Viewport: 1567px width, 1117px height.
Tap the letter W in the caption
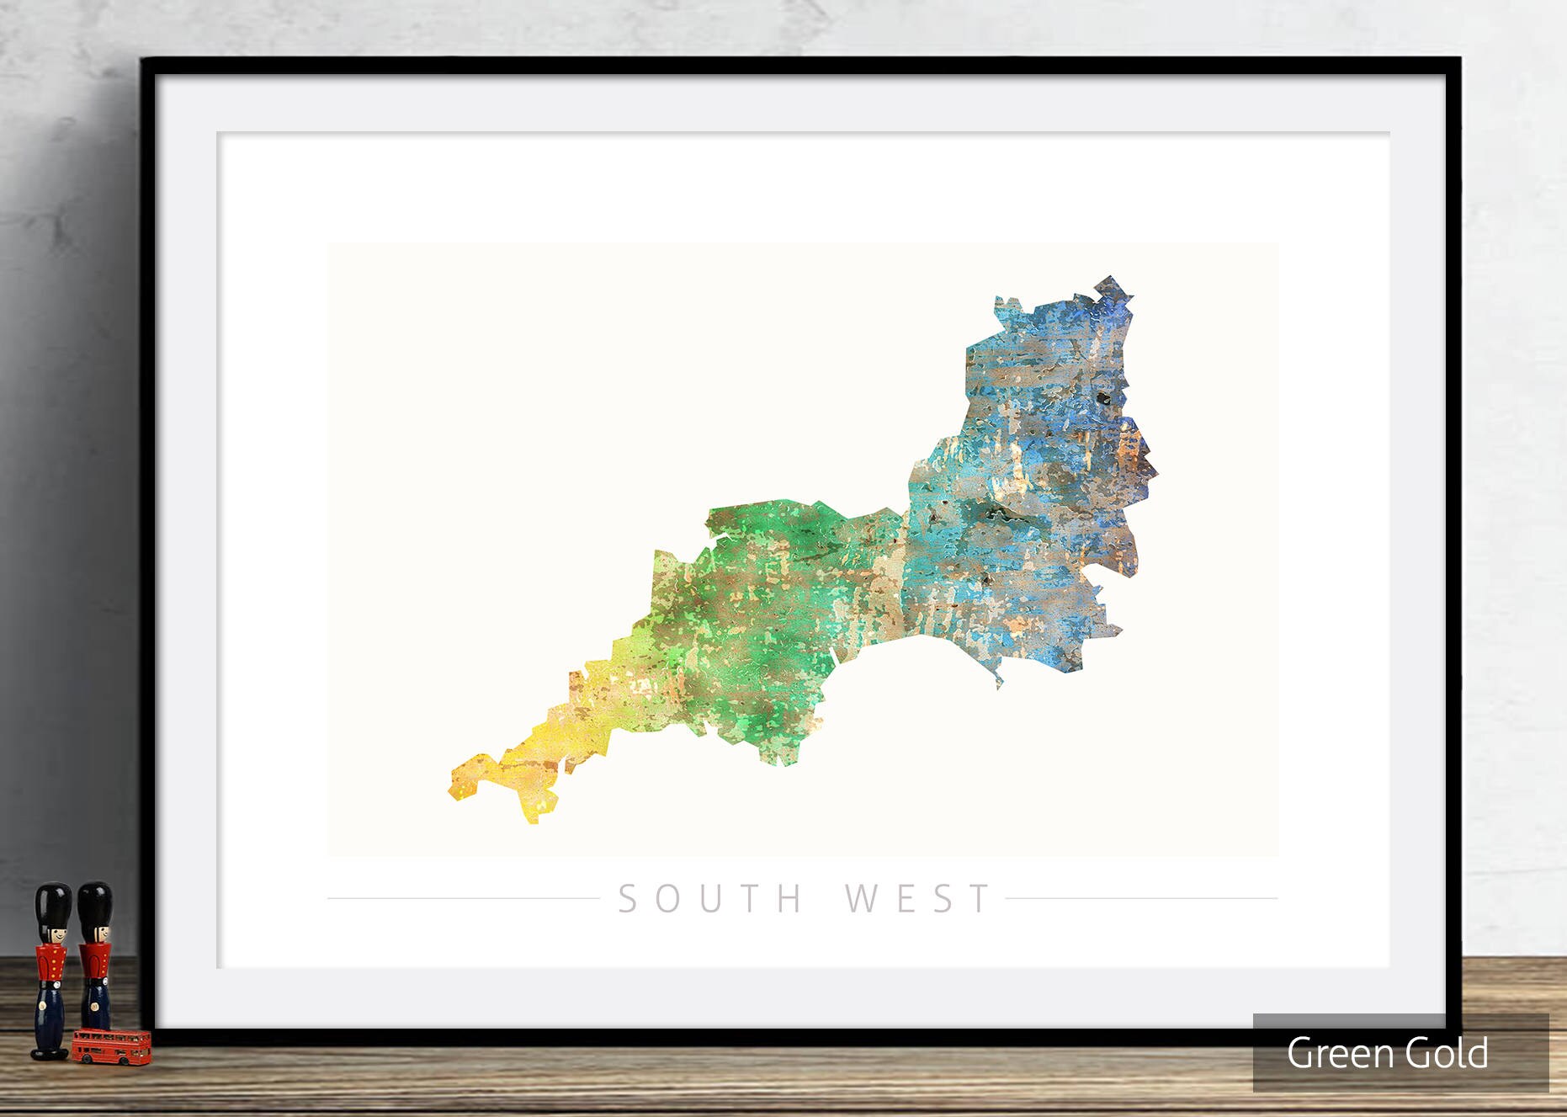860,899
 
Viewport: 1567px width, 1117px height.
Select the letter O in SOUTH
667,899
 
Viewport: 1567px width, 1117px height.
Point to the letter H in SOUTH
789,899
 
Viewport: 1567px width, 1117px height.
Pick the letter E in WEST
906,899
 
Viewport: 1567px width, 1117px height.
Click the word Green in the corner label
1336,1054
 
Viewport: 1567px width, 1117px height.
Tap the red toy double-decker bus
111,1046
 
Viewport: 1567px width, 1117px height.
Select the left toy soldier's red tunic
51,963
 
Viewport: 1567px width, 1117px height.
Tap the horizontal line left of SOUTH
463,898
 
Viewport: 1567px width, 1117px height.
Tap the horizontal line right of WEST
1141,898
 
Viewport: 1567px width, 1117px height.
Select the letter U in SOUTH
710,899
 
